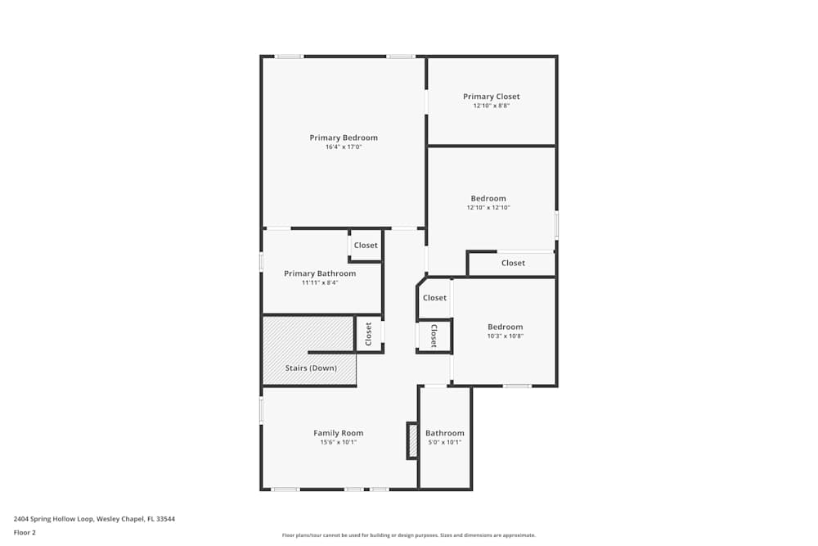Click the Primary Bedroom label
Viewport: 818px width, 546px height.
pos(344,138)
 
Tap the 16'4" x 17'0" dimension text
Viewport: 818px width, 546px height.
pos(344,147)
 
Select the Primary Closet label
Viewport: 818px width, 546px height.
pos(491,97)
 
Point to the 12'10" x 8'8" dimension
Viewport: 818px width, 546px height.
pos(491,106)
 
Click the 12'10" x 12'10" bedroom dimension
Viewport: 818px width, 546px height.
pos(488,208)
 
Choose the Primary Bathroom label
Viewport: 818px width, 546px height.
pos(320,273)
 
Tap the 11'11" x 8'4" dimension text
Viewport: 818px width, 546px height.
pos(320,282)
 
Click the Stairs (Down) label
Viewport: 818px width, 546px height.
pos(311,368)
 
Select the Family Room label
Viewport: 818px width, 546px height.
pos(339,433)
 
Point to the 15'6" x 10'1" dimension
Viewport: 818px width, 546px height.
pos(339,442)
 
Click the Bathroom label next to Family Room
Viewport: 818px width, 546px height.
pos(444,433)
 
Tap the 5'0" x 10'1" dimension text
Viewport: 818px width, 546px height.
pos(444,442)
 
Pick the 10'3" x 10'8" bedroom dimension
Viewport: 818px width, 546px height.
pos(505,336)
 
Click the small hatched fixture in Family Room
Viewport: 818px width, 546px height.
pos(412,440)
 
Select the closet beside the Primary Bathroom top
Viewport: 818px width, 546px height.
pos(366,246)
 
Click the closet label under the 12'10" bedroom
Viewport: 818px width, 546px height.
pos(513,264)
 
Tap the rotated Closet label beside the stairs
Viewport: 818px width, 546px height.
pos(368,334)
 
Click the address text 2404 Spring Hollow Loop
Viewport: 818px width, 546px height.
pos(94,518)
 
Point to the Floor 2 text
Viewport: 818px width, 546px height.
pos(25,532)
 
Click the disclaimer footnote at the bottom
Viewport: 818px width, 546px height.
pos(409,535)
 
